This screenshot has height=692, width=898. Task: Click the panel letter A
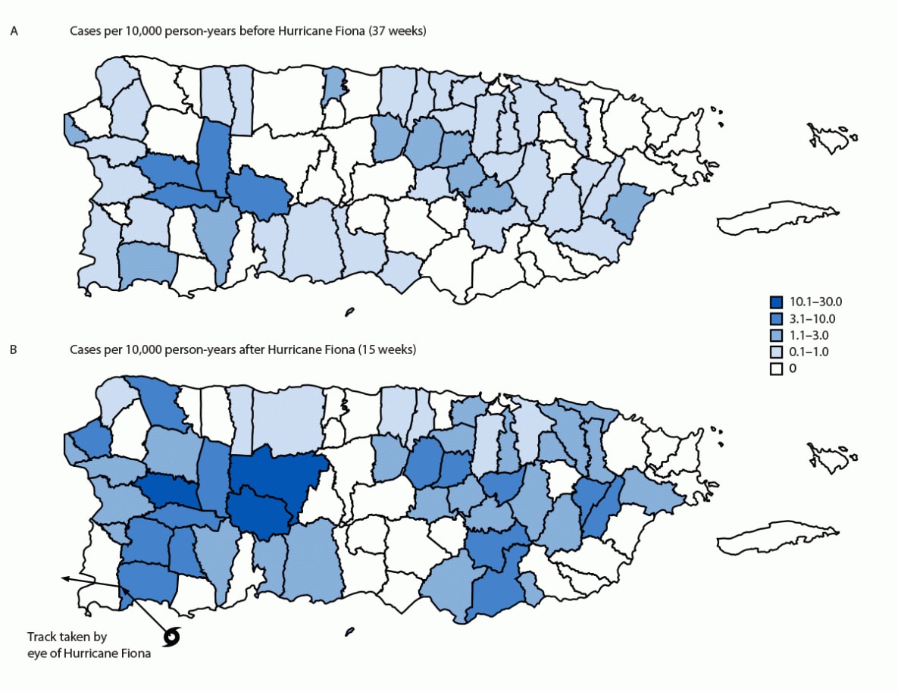click(13, 31)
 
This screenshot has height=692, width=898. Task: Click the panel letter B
click(13, 350)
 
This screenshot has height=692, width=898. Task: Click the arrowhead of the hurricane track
click(65, 578)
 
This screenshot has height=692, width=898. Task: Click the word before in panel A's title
click(251, 31)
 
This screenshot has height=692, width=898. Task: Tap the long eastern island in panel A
click(769, 216)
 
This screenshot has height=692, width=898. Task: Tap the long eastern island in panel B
click(769, 536)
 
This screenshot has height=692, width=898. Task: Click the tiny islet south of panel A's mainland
click(349, 311)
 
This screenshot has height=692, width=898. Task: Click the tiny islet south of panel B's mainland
click(349, 631)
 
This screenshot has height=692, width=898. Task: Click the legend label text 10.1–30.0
click(809, 303)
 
